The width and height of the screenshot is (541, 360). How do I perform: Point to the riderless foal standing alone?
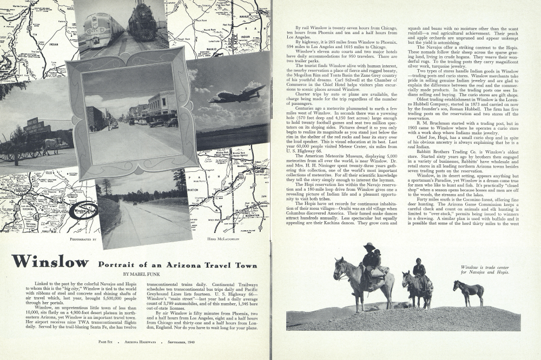[x=469, y=291]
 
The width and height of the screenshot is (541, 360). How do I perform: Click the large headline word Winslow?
[x=50, y=262]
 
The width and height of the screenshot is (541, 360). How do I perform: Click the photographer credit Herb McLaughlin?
[x=223, y=238]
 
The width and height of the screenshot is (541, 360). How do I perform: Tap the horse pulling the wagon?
[x=50, y=144]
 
